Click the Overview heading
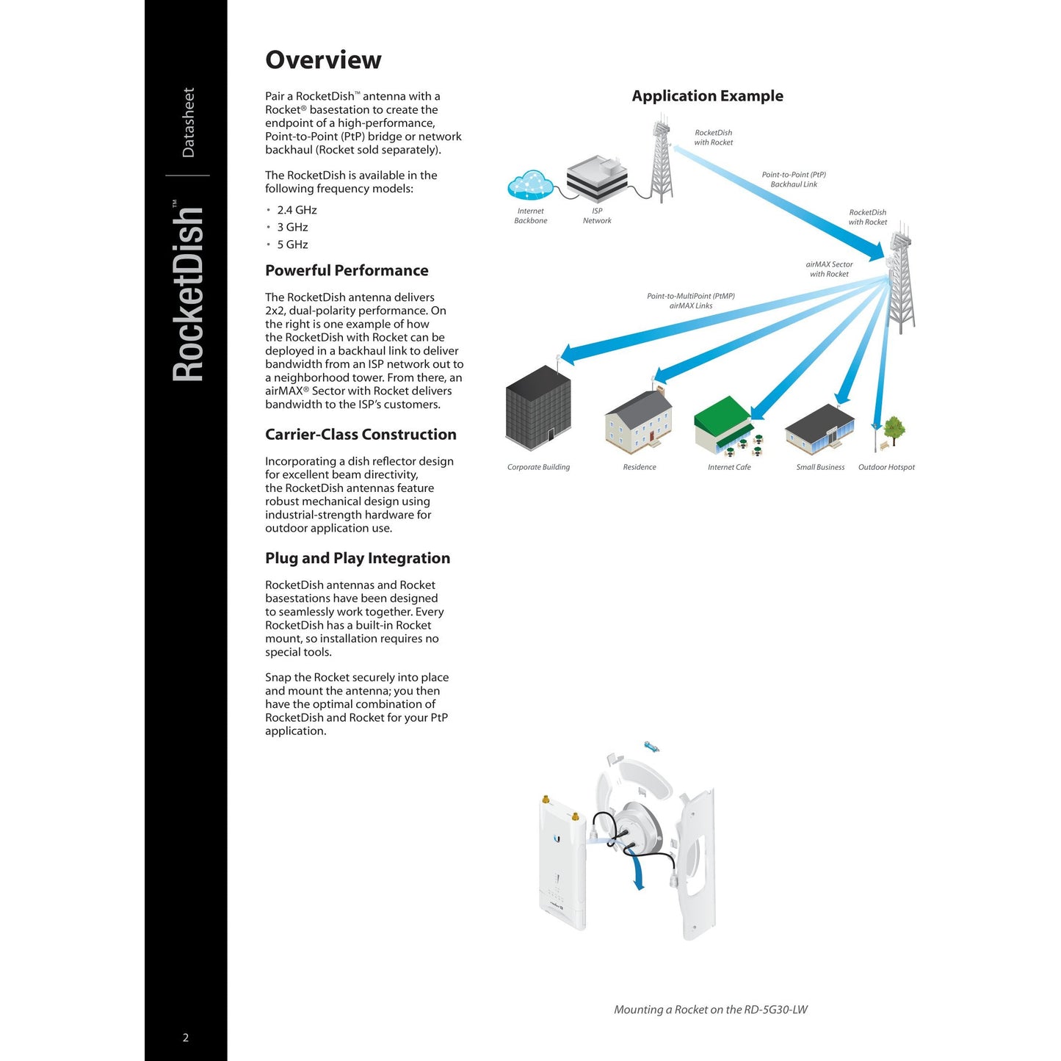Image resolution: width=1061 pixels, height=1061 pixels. [x=323, y=60]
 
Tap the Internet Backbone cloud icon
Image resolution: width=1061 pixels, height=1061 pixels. [x=530, y=184]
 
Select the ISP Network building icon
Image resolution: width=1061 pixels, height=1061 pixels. [x=597, y=178]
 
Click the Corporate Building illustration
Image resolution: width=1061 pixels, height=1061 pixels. [x=538, y=405]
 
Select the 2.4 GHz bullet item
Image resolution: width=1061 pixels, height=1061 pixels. [x=297, y=210]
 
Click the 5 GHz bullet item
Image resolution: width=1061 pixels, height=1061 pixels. [x=292, y=245]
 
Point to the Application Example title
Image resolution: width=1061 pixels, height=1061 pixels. [x=707, y=96]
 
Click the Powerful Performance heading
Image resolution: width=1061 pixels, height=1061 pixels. [x=347, y=270]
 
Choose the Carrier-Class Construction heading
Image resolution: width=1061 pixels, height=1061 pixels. [x=361, y=435]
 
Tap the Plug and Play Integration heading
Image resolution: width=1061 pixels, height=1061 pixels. [x=358, y=558]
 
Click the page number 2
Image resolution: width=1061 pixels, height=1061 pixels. [x=186, y=1038]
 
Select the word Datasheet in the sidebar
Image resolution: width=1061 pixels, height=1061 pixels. [x=189, y=123]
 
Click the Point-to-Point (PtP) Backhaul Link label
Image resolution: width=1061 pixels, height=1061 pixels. [x=794, y=180]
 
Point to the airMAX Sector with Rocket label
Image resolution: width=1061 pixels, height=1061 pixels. [x=829, y=269]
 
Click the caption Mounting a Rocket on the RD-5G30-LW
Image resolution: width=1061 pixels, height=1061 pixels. [x=710, y=1010]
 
